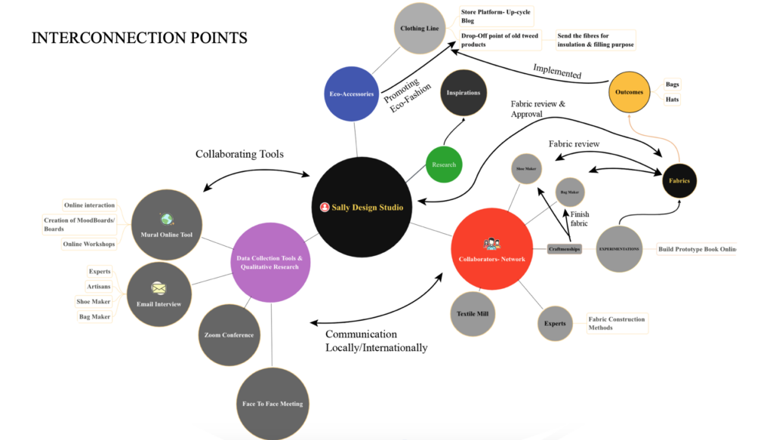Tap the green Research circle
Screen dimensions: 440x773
444,165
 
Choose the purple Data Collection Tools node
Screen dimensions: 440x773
269,262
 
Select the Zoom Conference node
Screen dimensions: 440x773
229,334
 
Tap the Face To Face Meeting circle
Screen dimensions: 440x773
273,403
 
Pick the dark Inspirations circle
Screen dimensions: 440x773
463,93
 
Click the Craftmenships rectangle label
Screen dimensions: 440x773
565,248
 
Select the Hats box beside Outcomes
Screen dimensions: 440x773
671,100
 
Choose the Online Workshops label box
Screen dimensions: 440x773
90,245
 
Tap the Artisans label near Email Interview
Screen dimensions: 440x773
100,287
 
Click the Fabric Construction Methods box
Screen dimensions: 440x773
617,323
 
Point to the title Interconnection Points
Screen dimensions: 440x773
139,38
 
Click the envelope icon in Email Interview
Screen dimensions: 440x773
159,288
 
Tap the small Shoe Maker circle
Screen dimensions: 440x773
526,169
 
